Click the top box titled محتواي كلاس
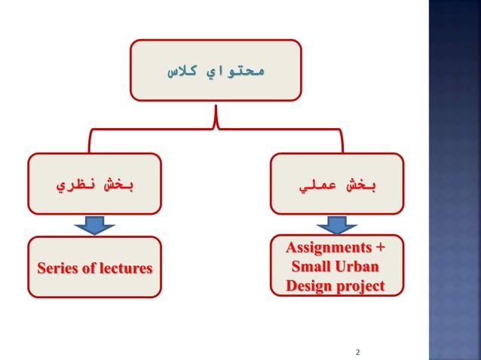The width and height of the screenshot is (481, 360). (x=216, y=72)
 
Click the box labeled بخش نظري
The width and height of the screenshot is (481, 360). (x=95, y=184)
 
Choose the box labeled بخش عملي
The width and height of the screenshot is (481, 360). (x=337, y=184)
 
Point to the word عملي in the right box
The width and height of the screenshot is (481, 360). (x=314, y=185)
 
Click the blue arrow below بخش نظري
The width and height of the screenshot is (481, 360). (x=95, y=225)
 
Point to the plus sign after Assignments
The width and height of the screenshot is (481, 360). (x=379, y=248)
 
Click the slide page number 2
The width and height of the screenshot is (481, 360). (x=357, y=352)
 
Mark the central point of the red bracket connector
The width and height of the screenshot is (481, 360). (x=216, y=121)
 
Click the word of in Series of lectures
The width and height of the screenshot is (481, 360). (x=89, y=267)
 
